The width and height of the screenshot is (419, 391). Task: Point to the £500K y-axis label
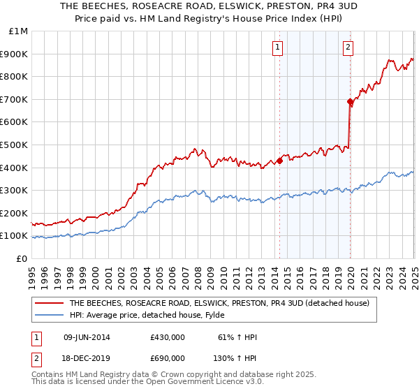click(15, 145)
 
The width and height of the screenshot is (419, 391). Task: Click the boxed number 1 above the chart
click(277, 47)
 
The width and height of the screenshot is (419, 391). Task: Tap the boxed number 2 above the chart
click(348, 47)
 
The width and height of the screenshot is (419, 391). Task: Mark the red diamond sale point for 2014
click(279, 161)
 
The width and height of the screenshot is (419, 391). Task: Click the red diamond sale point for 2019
click(350, 101)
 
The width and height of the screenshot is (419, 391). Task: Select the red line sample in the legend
click(48, 303)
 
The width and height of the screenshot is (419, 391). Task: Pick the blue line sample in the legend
click(48, 315)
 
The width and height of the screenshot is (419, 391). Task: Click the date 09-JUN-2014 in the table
click(87, 337)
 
